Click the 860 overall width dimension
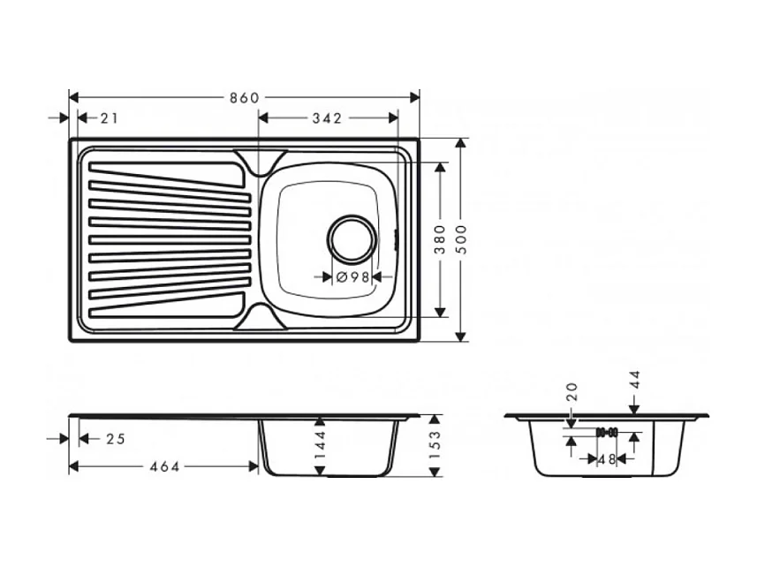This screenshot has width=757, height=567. tap(244, 97)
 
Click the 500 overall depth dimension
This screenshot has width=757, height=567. tap(460, 240)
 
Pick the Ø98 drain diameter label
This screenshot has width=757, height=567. tap(353, 276)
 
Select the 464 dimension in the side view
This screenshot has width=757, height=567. tap(163, 466)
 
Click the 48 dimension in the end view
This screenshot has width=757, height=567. tap(607, 459)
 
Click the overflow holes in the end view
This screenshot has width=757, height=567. tap(607, 433)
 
